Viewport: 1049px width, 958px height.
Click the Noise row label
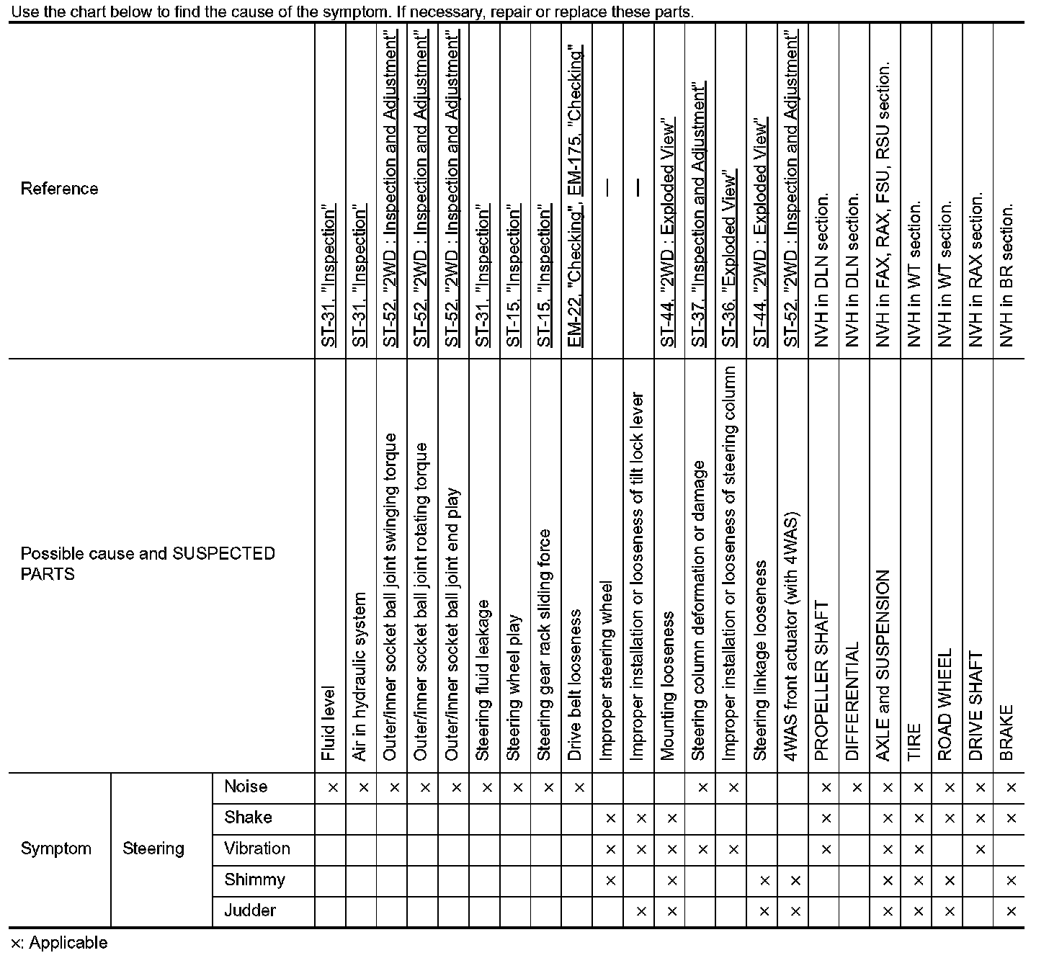click(245, 787)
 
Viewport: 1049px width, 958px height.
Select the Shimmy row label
click(254, 879)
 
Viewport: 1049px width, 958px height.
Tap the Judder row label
click(249, 910)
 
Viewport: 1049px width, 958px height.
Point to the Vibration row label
click(256, 849)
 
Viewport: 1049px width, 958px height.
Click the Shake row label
click(248, 818)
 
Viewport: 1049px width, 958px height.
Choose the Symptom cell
click(56, 849)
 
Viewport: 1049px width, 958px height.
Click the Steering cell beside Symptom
click(153, 849)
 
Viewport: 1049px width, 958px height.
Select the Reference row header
click(59, 189)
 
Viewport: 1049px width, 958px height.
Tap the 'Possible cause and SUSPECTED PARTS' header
click(148, 563)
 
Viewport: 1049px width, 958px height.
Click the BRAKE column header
click(1007, 733)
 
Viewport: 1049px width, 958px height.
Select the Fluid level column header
click(329, 723)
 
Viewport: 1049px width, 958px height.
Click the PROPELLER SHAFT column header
click(822, 681)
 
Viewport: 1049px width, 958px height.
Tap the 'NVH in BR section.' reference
click(1007, 274)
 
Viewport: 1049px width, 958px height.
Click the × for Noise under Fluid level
click(333, 788)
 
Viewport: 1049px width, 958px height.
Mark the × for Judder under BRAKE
click(1011, 912)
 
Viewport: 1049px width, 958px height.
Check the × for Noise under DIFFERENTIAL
click(857, 788)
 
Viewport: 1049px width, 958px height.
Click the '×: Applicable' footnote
click(59, 943)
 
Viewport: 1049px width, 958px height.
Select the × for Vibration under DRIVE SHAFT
click(980, 850)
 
